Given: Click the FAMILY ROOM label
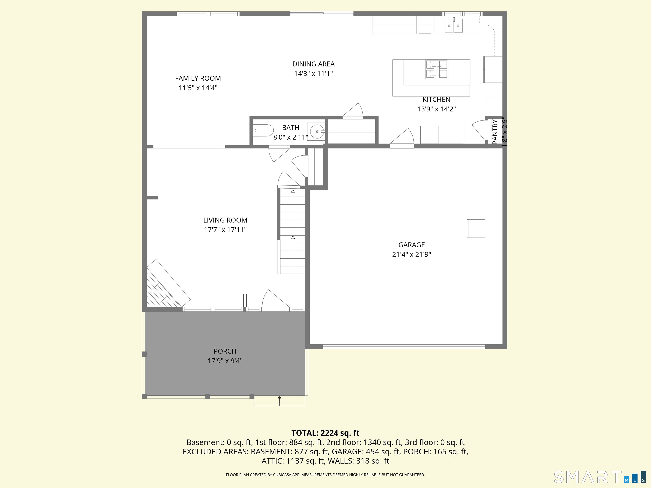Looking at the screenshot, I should click(x=198, y=78).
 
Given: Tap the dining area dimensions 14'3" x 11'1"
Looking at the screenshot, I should click(x=313, y=73).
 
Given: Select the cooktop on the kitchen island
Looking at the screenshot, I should click(x=437, y=69).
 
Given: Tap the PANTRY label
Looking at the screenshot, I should click(x=495, y=132).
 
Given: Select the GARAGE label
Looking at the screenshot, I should click(x=412, y=245).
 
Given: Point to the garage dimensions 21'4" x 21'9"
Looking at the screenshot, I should click(x=412, y=254).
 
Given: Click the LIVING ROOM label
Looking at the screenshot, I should click(x=225, y=220).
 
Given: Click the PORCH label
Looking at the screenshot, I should click(x=225, y=351).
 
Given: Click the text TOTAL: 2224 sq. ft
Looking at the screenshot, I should click(x=325, y=433).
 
